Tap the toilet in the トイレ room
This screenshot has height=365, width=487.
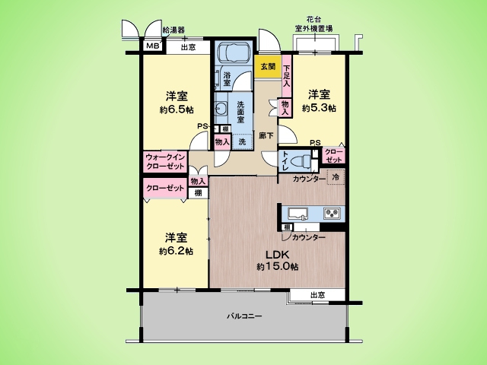(x=306, y=160)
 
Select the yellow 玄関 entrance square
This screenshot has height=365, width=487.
(x=268, y=68)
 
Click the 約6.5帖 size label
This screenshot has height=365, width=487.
(x=176, y=109)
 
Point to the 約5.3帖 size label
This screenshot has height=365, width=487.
(x=318, y=108)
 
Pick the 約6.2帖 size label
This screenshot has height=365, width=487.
(x=176, y=250)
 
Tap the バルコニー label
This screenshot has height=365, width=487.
(x=244, y=316)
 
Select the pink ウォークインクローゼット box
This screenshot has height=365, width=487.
(x=165, y=161)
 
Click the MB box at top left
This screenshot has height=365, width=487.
(x=152, y=46)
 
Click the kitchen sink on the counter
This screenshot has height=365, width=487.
(x=298, y=212)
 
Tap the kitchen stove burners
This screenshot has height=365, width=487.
(x=333, y=212)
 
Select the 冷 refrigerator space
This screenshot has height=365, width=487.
(x=336, y=177)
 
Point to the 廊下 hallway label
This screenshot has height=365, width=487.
(x=266, y=135)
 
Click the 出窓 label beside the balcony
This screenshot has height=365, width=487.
(x=318, y=294)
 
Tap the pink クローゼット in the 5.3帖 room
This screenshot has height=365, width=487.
(x=334, y=156)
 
